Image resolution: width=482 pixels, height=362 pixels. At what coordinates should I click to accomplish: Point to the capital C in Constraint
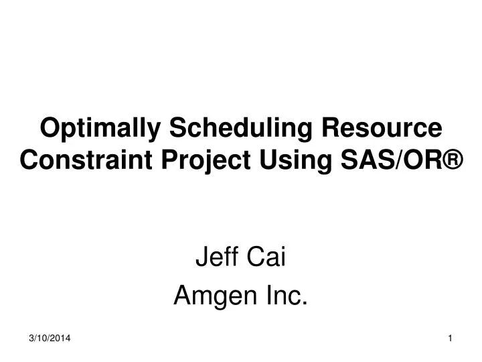(29, 160)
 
